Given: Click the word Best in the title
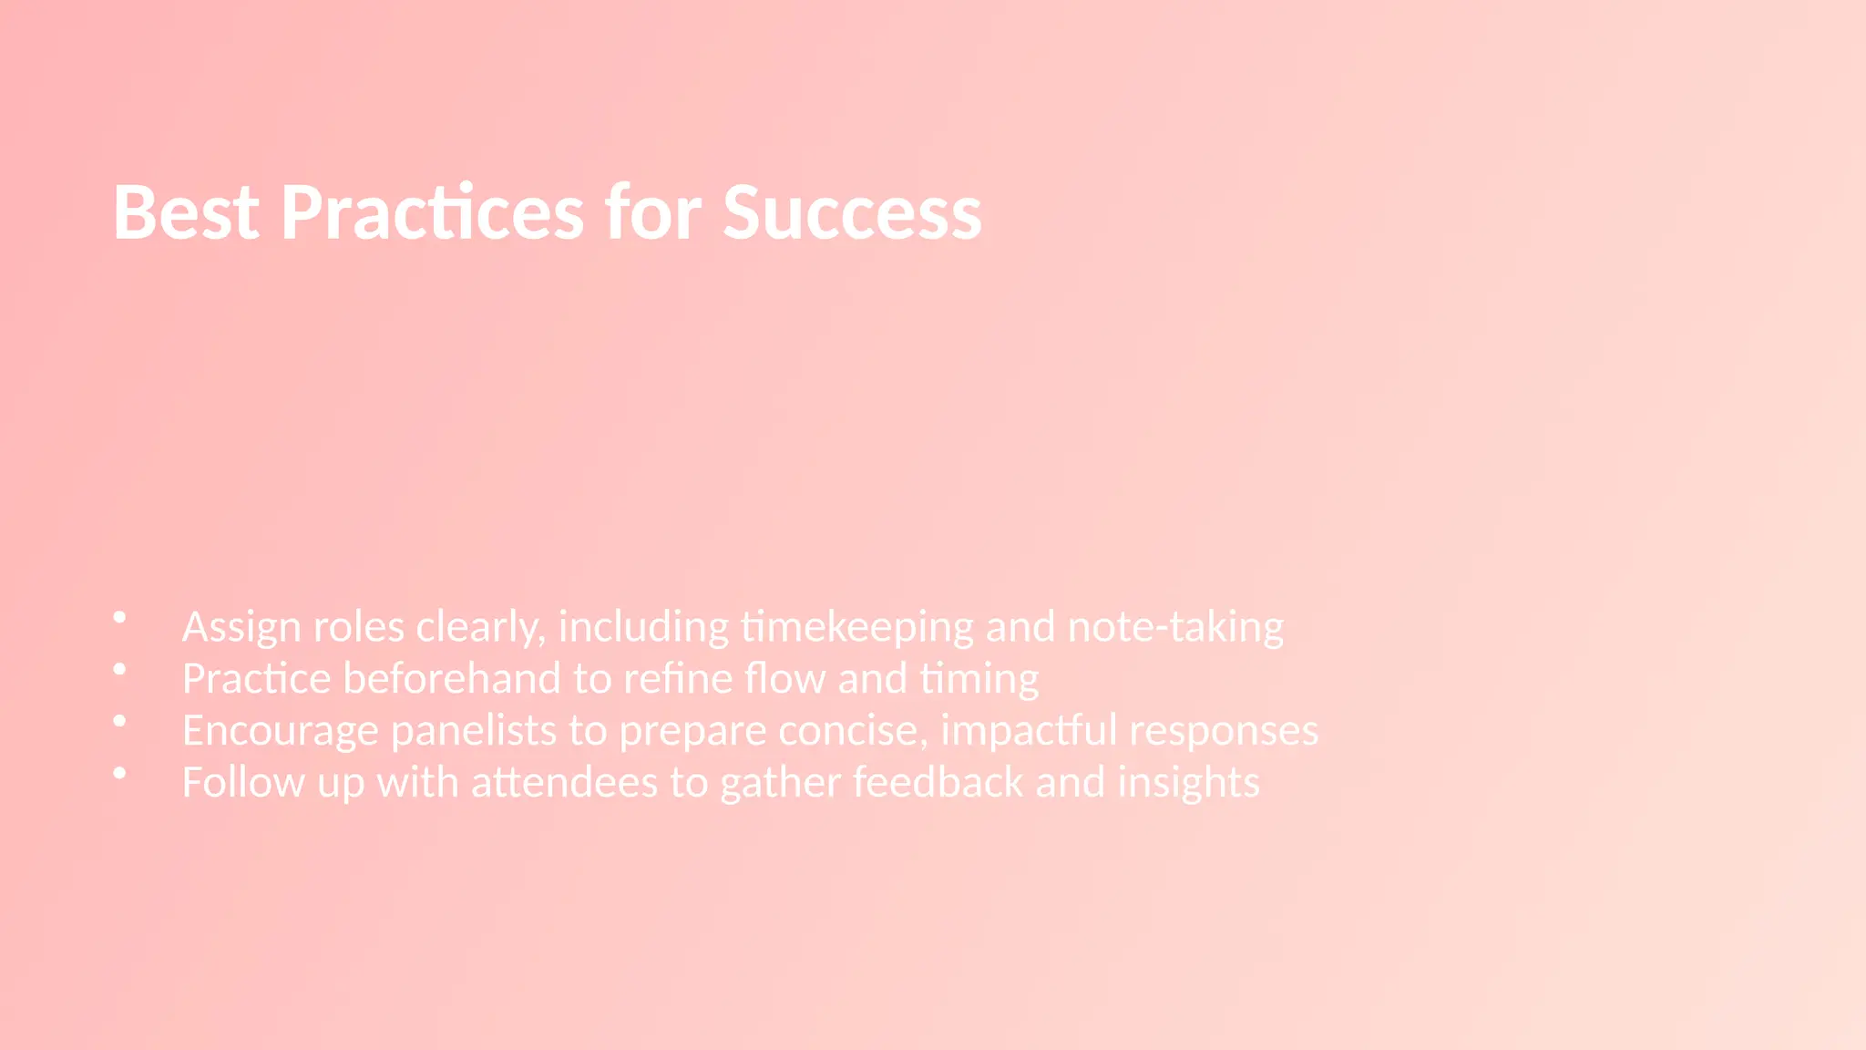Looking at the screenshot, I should click(186, 212).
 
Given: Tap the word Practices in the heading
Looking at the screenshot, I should click(432, 212).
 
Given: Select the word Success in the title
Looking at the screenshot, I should click(852, 212).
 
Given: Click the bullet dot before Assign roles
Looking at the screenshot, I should click(119, 617).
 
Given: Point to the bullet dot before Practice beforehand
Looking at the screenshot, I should click(119, 669).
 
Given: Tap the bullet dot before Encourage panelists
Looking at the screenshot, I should click(119, 721).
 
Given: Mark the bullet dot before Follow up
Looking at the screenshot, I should click(119, 773).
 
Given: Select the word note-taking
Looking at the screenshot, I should click(1175, 627).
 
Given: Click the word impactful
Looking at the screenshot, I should click(1029, 731).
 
